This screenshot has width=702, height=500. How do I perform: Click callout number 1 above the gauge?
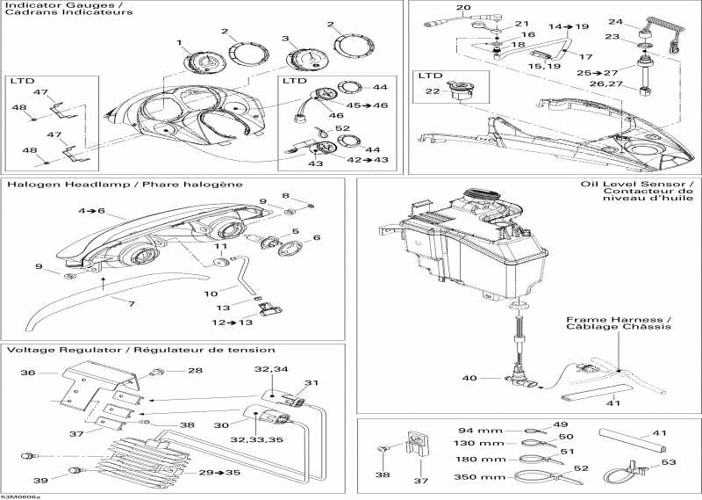pos(179,42)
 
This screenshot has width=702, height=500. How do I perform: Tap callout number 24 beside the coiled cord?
pos(616,22)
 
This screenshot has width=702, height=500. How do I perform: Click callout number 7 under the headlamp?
pos(133,303)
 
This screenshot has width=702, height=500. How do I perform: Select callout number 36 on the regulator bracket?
pos(28,372)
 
